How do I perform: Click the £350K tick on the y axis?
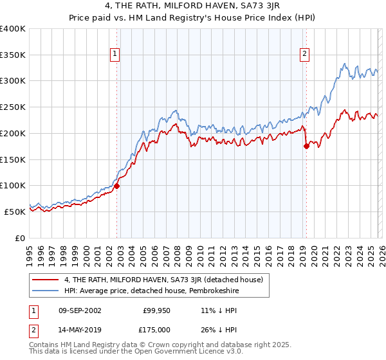(13, 55)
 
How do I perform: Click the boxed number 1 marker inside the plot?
(115, 55)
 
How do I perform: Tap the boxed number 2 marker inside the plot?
(304, 55)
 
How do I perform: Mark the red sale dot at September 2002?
(117, 186)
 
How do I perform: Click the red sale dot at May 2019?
(306, 147)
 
